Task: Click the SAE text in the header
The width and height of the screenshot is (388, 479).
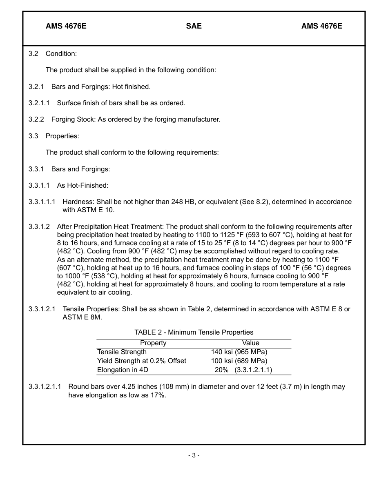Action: click(194, 26)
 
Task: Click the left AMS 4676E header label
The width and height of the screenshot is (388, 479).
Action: click(66, 26)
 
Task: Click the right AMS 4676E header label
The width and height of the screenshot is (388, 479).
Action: click(321, 26)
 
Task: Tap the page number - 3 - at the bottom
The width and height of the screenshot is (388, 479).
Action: click(194, 455)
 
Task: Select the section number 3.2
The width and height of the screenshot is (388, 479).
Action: click(33, 53)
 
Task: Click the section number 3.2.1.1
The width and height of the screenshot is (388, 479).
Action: click(39, 103)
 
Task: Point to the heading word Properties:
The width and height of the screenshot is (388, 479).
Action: click(62, 136)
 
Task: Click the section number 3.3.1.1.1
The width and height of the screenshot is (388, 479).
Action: click(42, 202)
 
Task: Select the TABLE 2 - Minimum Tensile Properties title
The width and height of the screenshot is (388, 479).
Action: click(194, 333)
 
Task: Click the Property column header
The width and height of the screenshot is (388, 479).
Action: click(153, 343)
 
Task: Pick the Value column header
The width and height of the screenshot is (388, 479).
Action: click(250, 343)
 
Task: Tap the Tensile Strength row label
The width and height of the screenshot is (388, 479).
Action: click(122, 352)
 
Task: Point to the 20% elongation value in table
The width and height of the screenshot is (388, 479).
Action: click(221, 370)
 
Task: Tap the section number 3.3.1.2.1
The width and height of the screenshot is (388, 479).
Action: click(42, 309)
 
